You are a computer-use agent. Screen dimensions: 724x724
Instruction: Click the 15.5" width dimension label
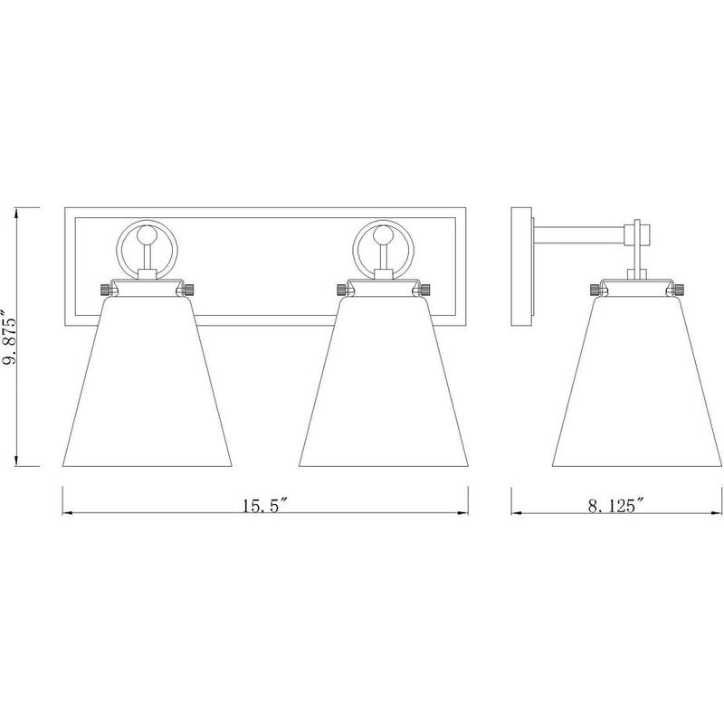click(264, 507)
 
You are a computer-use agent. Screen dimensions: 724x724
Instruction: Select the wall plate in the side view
click(522, 271)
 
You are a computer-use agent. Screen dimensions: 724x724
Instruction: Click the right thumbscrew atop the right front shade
click(423, 290)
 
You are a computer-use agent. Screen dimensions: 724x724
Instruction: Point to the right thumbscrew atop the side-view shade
click(675, 290)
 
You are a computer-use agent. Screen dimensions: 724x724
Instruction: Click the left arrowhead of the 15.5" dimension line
click(65, 513)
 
